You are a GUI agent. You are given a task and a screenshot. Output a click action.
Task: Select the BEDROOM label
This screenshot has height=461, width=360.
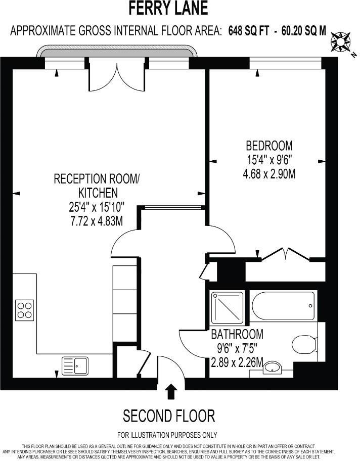tap(268, 146)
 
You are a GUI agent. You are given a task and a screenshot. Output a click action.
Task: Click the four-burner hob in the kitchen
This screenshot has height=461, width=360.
tap(24, 310)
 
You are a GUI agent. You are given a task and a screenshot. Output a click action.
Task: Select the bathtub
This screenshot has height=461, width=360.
tap(283, 305)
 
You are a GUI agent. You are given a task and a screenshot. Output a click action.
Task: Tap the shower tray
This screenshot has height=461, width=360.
tap(227, 307)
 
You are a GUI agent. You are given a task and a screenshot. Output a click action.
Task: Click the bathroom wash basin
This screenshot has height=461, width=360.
tap(274, 367)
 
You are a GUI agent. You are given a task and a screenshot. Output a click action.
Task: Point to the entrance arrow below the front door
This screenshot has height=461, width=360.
tap(171, 391)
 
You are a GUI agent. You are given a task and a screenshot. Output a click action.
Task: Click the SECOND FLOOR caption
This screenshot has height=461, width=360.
tap(169, 416)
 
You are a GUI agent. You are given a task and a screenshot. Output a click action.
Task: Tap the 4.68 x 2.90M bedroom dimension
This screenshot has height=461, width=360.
tap(268, 174)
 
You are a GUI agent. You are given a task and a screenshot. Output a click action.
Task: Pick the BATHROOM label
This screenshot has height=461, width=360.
tap(237, 334)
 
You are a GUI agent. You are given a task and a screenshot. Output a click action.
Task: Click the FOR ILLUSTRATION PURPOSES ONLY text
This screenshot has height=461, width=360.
tap(167, 435)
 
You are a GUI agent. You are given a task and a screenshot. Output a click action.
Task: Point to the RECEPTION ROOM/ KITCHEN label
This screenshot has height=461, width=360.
tap(96, 185)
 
